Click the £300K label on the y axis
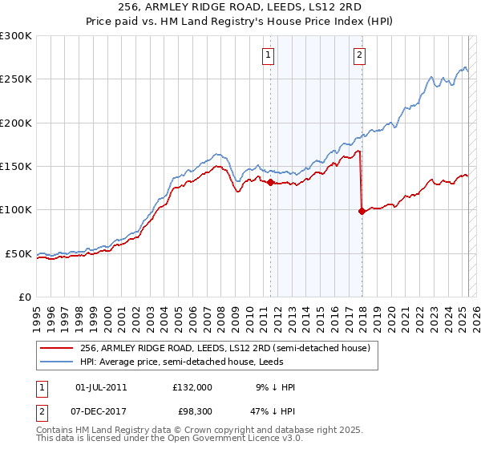click(x=15, y=36)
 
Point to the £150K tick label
click(x=15, y=167)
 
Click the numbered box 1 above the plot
click(x=267, y=55)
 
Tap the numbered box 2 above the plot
click(x=359, y=55)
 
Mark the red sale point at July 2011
click(x=270, y=183)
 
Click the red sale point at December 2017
click(x=362, y=212)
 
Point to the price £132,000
click(x=192, y=387)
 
